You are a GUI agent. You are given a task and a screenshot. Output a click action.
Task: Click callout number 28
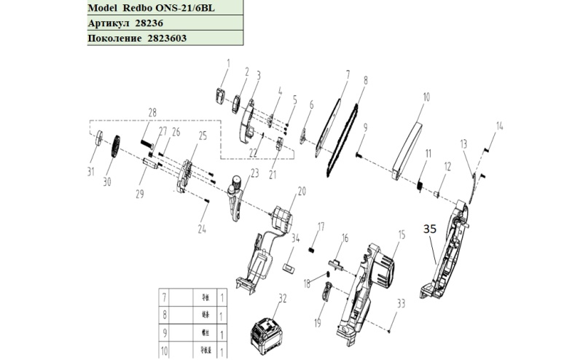tap(152, 112)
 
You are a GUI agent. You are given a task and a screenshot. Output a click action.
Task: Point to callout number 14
tap(499, 126)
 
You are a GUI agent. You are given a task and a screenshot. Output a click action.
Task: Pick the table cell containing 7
tap(164, 297)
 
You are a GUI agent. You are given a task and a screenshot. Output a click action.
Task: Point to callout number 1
tap(226, 63)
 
